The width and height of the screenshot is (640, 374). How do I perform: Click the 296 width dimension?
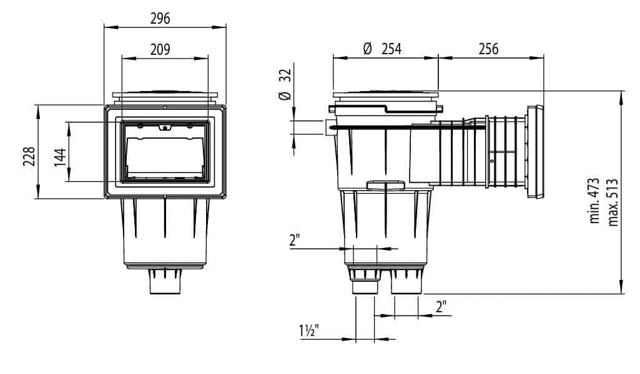tap(160, 19)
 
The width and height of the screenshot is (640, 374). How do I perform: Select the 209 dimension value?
tap(160, 50)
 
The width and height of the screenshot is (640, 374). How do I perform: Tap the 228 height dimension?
tap(29, 156)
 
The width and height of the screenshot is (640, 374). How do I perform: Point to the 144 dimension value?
tap(60, 157)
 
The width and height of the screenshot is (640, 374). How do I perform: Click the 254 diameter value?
tap(391, 49)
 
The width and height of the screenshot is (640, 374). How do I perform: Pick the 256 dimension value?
tap(488, 49)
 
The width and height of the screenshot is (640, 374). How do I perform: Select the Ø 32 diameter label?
tap(285, 84)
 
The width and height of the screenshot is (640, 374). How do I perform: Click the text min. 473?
tap(594, 201)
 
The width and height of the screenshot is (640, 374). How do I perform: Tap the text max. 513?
tap(613, 203)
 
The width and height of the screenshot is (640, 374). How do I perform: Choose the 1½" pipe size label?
tap(308, 330)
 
